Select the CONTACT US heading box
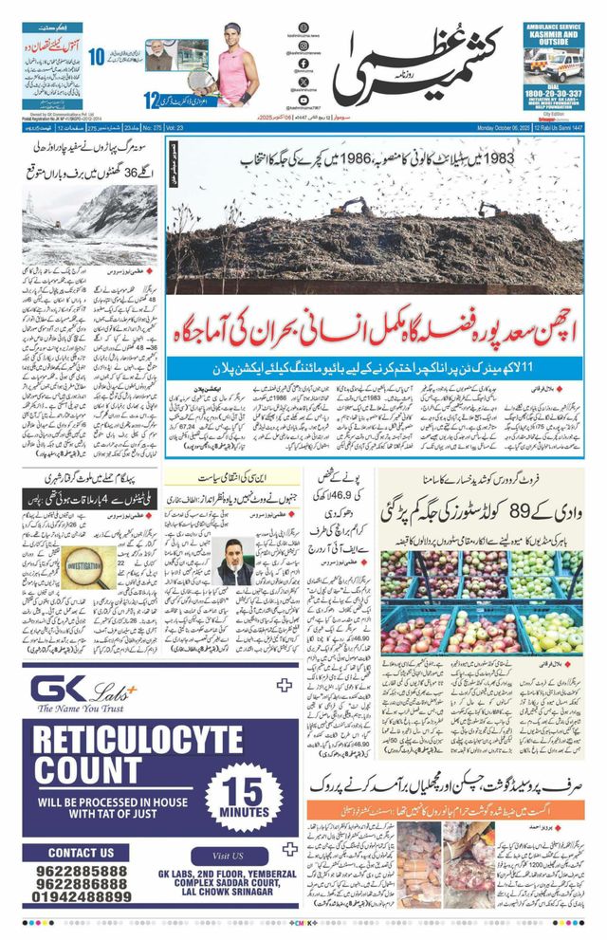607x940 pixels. tap(81, 852)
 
